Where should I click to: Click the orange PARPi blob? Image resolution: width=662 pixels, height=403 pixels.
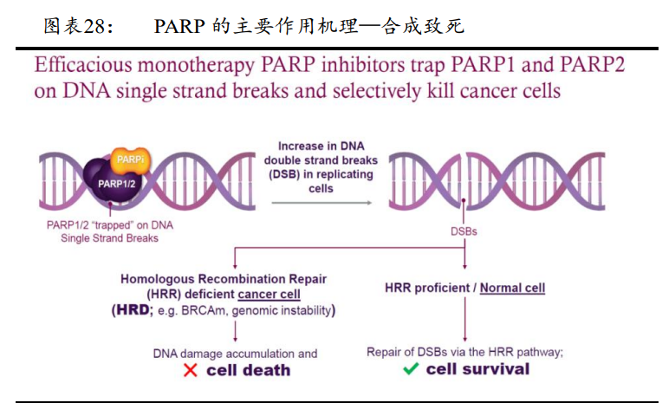pos(131,161)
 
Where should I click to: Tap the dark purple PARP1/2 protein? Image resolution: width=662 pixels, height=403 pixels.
pos(112,182)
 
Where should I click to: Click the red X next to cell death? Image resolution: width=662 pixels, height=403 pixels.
pos(191,370)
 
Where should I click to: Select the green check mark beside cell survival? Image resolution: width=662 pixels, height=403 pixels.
pos(411,369)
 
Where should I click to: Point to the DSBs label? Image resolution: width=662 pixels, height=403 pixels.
pos(464,231)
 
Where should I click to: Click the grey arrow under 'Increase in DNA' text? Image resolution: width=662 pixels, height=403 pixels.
pos(321,203)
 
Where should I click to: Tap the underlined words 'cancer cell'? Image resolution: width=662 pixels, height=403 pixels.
pos(269,294)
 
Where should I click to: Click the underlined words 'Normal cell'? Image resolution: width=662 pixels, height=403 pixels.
pos(513,288)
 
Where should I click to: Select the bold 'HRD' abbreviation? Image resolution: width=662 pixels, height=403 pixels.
pos(133,309)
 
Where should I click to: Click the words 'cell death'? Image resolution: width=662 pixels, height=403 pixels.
pos(248,370)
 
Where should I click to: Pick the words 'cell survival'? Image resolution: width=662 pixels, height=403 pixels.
pos(477,369)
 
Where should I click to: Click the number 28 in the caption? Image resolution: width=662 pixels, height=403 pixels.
pos(94,26)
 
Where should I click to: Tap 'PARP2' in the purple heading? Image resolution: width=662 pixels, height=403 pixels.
pos(593,65)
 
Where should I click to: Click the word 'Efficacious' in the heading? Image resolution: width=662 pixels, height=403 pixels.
pos(83,65)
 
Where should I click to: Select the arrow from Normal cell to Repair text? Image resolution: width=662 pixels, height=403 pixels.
pos(464,319)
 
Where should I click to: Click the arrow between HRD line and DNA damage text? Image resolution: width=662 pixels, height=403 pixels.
pos(235,331)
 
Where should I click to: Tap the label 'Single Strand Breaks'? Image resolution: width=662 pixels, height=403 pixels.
pos(109,238)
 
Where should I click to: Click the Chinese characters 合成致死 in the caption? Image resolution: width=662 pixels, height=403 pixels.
pos(423,26)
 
